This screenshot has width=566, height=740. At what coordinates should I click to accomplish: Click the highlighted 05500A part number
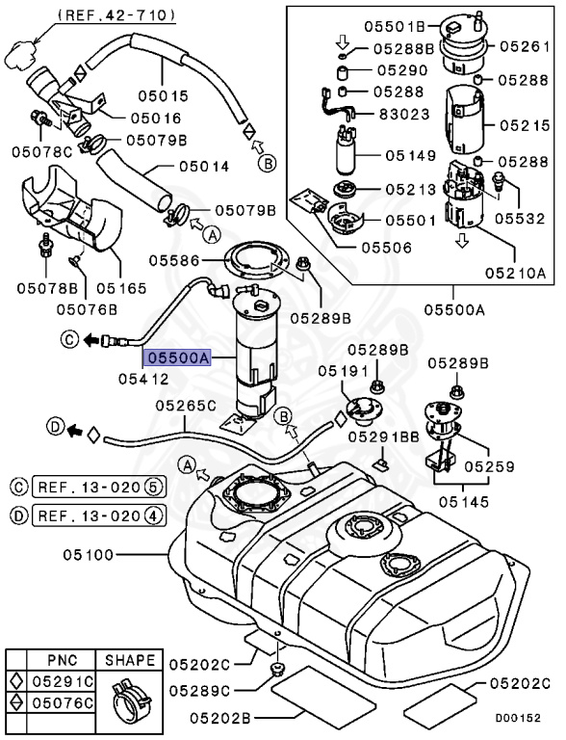click(x=177, y=357)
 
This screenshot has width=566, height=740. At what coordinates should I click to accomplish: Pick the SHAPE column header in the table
click(x=130, y=661)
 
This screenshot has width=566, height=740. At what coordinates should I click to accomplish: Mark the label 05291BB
click(x=385, y=436)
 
